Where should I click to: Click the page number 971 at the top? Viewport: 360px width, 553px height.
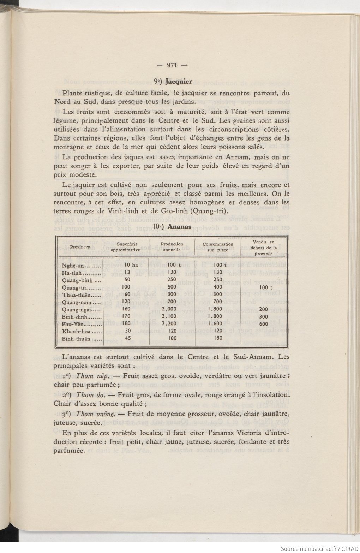[172, 65]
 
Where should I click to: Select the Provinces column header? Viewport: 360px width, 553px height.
[80, 246]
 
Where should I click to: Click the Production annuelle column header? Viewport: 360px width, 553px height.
[172, 246]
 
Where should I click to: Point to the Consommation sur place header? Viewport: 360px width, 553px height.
[218, 246]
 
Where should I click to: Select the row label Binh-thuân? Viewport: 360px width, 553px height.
[77, 339]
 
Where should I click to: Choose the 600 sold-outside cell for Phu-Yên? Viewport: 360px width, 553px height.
[263, 324]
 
